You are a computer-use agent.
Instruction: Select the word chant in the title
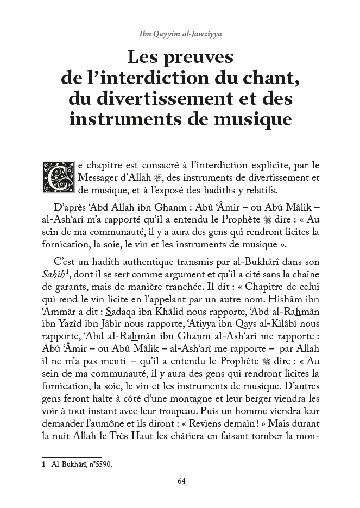[271, 78]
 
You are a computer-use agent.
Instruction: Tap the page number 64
[181, 480]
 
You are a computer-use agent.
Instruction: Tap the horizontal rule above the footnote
[72, 457]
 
